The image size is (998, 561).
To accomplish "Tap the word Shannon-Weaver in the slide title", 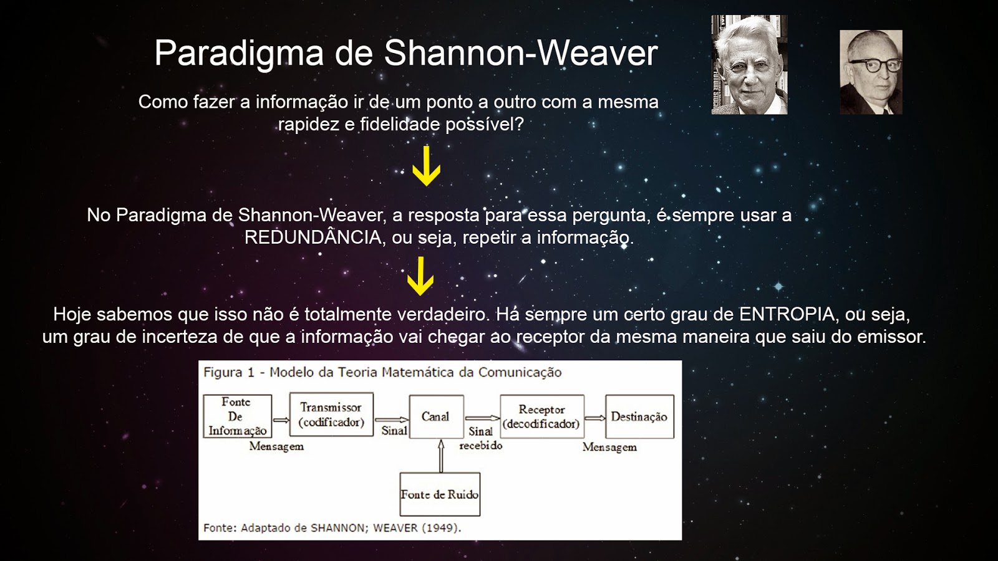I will (x=521, y=53).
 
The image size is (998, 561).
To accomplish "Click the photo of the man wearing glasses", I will (x=871, y=72).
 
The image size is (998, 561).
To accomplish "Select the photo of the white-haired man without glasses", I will (x=749, y=65).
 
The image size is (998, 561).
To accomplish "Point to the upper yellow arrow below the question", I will (x=427, y=166).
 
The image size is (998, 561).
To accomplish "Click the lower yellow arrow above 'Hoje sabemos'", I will (x=420, y=277).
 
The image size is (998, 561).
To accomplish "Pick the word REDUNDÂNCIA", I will (x=313, y=237).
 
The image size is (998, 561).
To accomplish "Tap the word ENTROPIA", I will (x=787, y=314).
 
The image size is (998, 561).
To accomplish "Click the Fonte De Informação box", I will (x=237, y=416).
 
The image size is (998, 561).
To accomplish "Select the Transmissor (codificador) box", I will (x=331, y=415).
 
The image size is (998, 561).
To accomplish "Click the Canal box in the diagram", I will (x=435, y=416).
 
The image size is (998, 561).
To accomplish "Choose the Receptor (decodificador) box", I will (x=541, y=416).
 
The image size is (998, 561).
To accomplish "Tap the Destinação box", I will (x=639, y=416).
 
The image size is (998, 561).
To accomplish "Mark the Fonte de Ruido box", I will (x=440, y=494).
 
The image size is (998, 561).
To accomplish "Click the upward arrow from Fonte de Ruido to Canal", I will (x=441, y=456).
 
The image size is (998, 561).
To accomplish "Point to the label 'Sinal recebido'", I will (x=481, y=438).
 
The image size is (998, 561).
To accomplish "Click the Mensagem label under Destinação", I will (x=609, y=447).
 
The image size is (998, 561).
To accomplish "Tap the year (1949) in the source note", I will (x=440, y=528).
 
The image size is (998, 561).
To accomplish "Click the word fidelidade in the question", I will (x=400, y=124).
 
